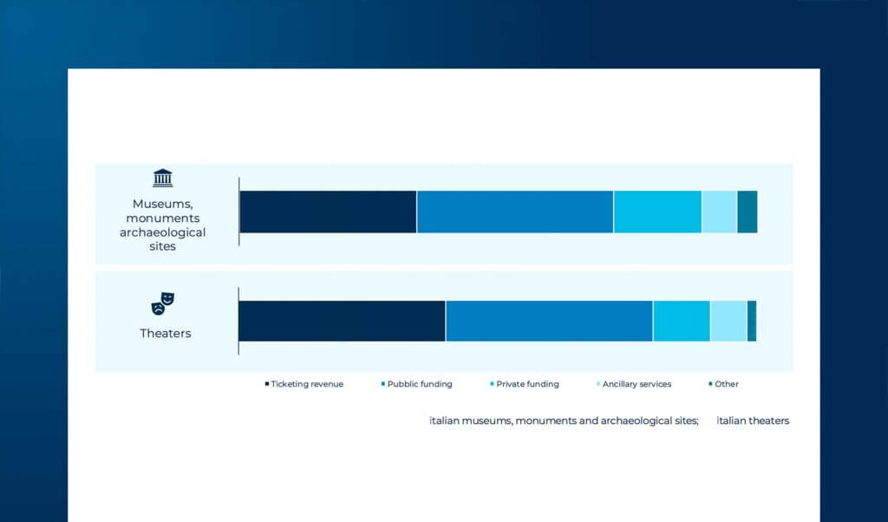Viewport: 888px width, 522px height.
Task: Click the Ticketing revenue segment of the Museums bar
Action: tap(328, 212)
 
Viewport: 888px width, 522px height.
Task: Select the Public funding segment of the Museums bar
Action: tap(515, 212)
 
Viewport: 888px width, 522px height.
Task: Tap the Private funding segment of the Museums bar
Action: tap(657, 212)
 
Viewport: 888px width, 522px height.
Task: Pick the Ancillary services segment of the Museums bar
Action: tap(719, 212)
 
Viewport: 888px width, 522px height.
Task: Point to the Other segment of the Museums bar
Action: tap(747, 212)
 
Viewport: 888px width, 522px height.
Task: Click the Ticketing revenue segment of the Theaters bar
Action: tap(342, 321)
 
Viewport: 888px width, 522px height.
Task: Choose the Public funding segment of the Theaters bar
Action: tap(549, 321)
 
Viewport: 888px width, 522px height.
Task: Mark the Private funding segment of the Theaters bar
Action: tap(681, 321)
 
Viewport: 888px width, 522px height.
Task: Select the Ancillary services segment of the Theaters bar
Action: tap(728, 321)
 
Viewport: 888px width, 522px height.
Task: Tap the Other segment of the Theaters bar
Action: tap(752, 321)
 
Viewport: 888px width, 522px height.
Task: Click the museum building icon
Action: tap(162, 179)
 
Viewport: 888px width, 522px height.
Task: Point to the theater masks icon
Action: tap(163, 303)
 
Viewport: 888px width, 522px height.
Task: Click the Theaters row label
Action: tap(165, 333)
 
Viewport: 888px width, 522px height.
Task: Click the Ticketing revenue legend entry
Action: tap(306, 384)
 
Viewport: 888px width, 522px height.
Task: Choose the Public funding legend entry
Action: tap(419, 384)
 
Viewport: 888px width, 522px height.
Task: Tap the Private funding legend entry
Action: tap(526, 384)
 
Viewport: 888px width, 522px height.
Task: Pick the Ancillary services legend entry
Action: tap(636, 384)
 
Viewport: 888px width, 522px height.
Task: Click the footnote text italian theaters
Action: tap(753, 421)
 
